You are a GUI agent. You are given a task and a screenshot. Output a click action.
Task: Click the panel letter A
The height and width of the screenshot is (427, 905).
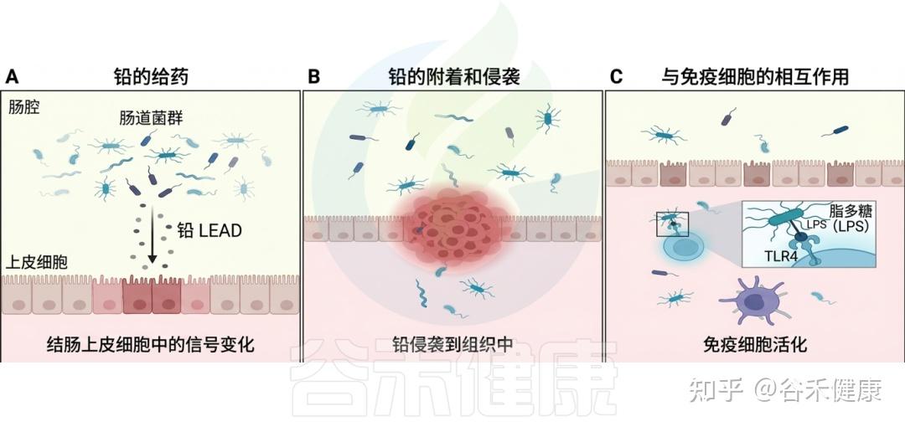12,77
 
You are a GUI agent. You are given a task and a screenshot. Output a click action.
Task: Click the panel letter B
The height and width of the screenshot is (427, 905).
313,77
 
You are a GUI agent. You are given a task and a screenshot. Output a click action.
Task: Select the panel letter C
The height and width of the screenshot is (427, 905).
616,77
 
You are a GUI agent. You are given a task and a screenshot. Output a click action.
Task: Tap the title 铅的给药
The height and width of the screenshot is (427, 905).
152,77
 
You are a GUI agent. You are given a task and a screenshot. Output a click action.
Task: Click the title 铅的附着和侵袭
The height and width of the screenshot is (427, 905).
453,77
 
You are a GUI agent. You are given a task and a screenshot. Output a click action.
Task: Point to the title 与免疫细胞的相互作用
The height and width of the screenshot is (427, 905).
754,77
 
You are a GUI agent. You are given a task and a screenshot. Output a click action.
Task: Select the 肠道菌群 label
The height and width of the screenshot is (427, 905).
151,119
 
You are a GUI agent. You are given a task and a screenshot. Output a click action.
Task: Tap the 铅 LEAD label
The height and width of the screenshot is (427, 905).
209,230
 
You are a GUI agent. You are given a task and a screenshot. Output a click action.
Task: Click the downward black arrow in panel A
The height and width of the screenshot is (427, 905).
153,234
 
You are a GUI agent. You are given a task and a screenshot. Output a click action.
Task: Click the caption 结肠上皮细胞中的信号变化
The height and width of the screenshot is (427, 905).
152,343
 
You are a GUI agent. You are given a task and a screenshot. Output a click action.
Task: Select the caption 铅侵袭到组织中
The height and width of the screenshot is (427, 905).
453,343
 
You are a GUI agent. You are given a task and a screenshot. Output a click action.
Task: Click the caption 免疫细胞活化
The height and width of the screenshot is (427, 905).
754,343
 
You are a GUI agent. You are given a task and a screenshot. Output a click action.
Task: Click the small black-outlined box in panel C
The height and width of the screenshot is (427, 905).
673,224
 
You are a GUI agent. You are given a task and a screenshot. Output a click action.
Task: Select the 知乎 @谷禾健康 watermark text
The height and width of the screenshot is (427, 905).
784,390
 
